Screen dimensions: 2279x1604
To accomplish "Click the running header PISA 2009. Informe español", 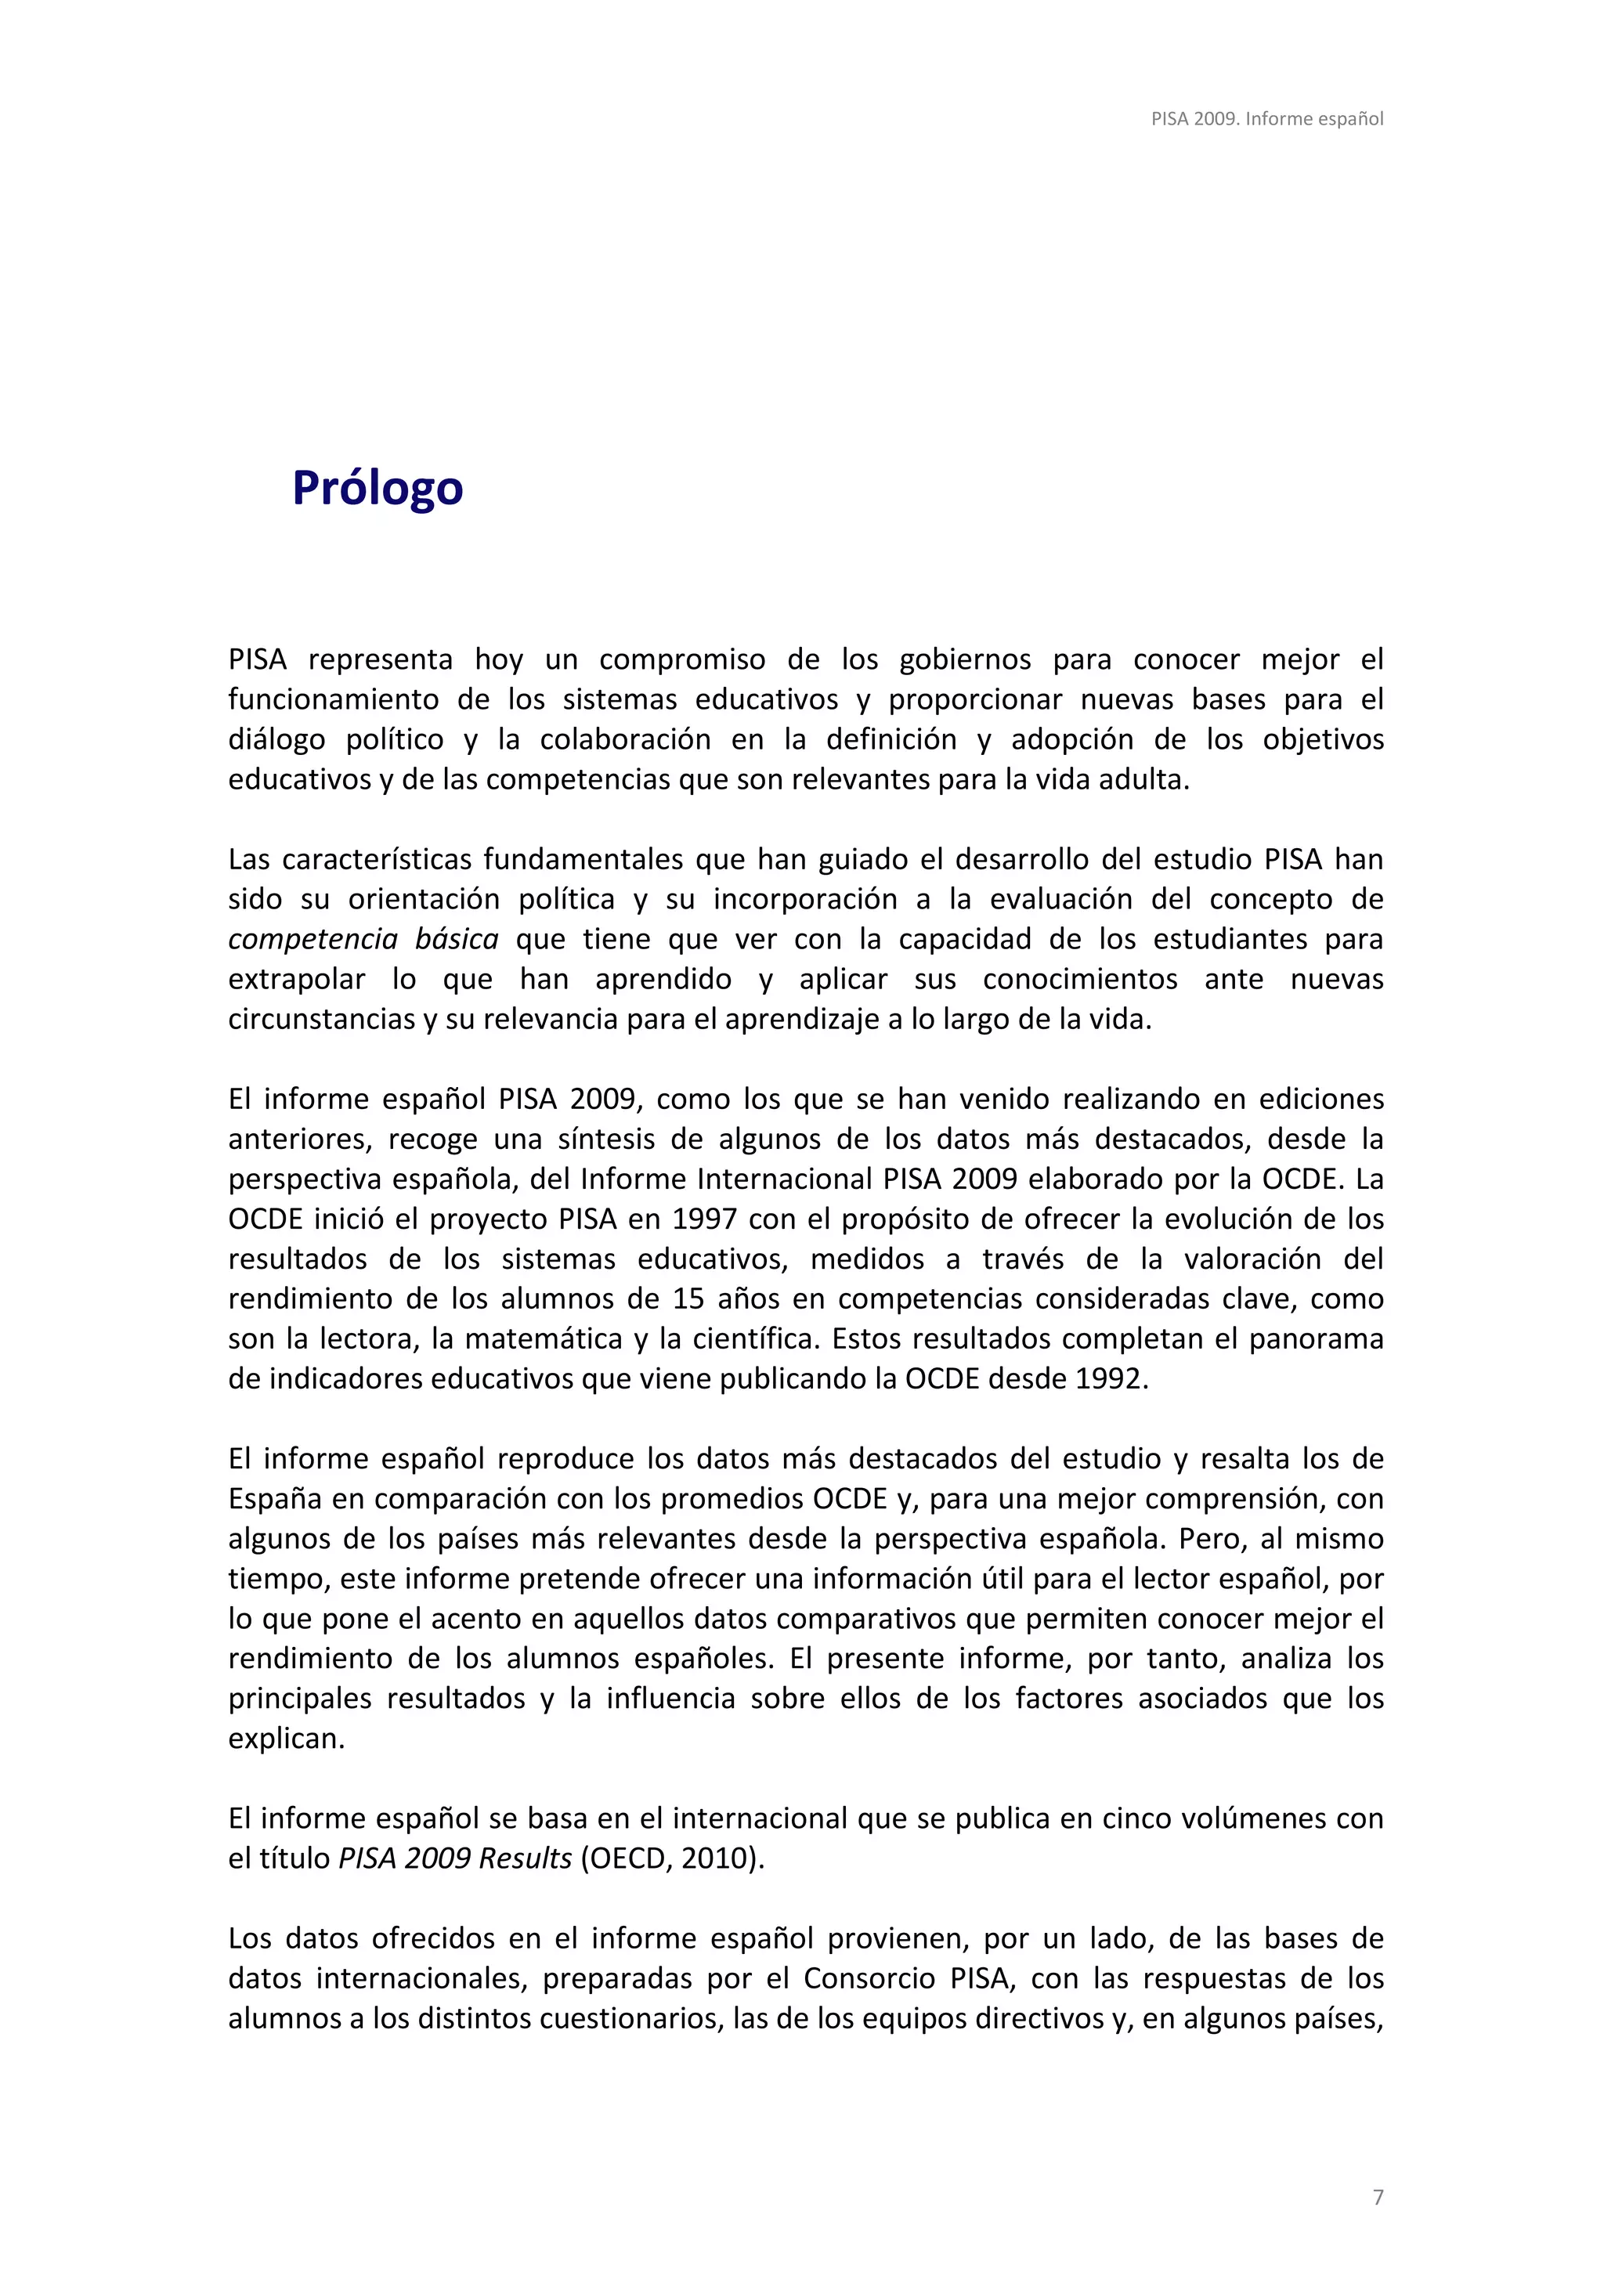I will pyautogui.click(x=1266, y=119).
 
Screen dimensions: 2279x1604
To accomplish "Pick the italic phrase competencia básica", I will pyautogui.click(x=363, y=939).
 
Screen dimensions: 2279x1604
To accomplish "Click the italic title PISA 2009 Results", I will pyautogui.click(x=456, y=1858).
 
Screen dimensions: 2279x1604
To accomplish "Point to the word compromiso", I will pyautogui.click(x=682, y=660).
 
